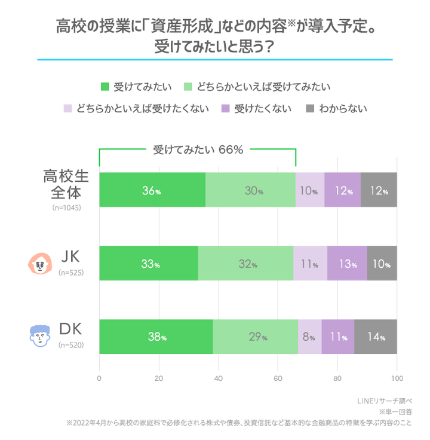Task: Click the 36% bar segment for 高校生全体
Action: (152, 190)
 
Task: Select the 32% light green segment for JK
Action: (245, 264)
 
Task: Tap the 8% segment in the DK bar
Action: (309, 337)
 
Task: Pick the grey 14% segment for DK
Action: (376, 337)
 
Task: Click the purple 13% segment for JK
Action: (347, 264)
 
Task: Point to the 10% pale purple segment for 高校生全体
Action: (310, 190)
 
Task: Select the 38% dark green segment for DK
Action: (156, 337)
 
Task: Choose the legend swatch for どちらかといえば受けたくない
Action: (67, 109)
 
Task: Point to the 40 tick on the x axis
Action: (218, 378)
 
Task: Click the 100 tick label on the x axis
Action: (397, 378)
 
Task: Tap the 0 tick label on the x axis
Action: (99, 378)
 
